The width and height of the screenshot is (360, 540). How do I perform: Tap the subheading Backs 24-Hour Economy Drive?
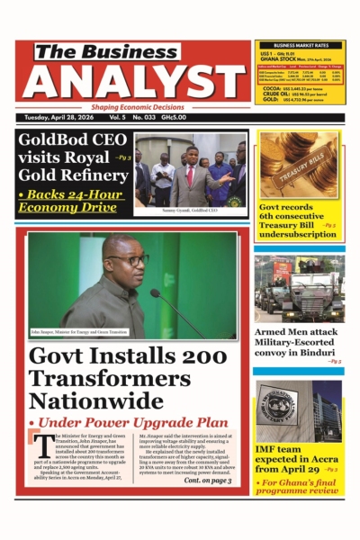point(72,201)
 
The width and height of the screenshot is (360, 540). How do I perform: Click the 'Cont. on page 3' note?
point(207,481)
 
